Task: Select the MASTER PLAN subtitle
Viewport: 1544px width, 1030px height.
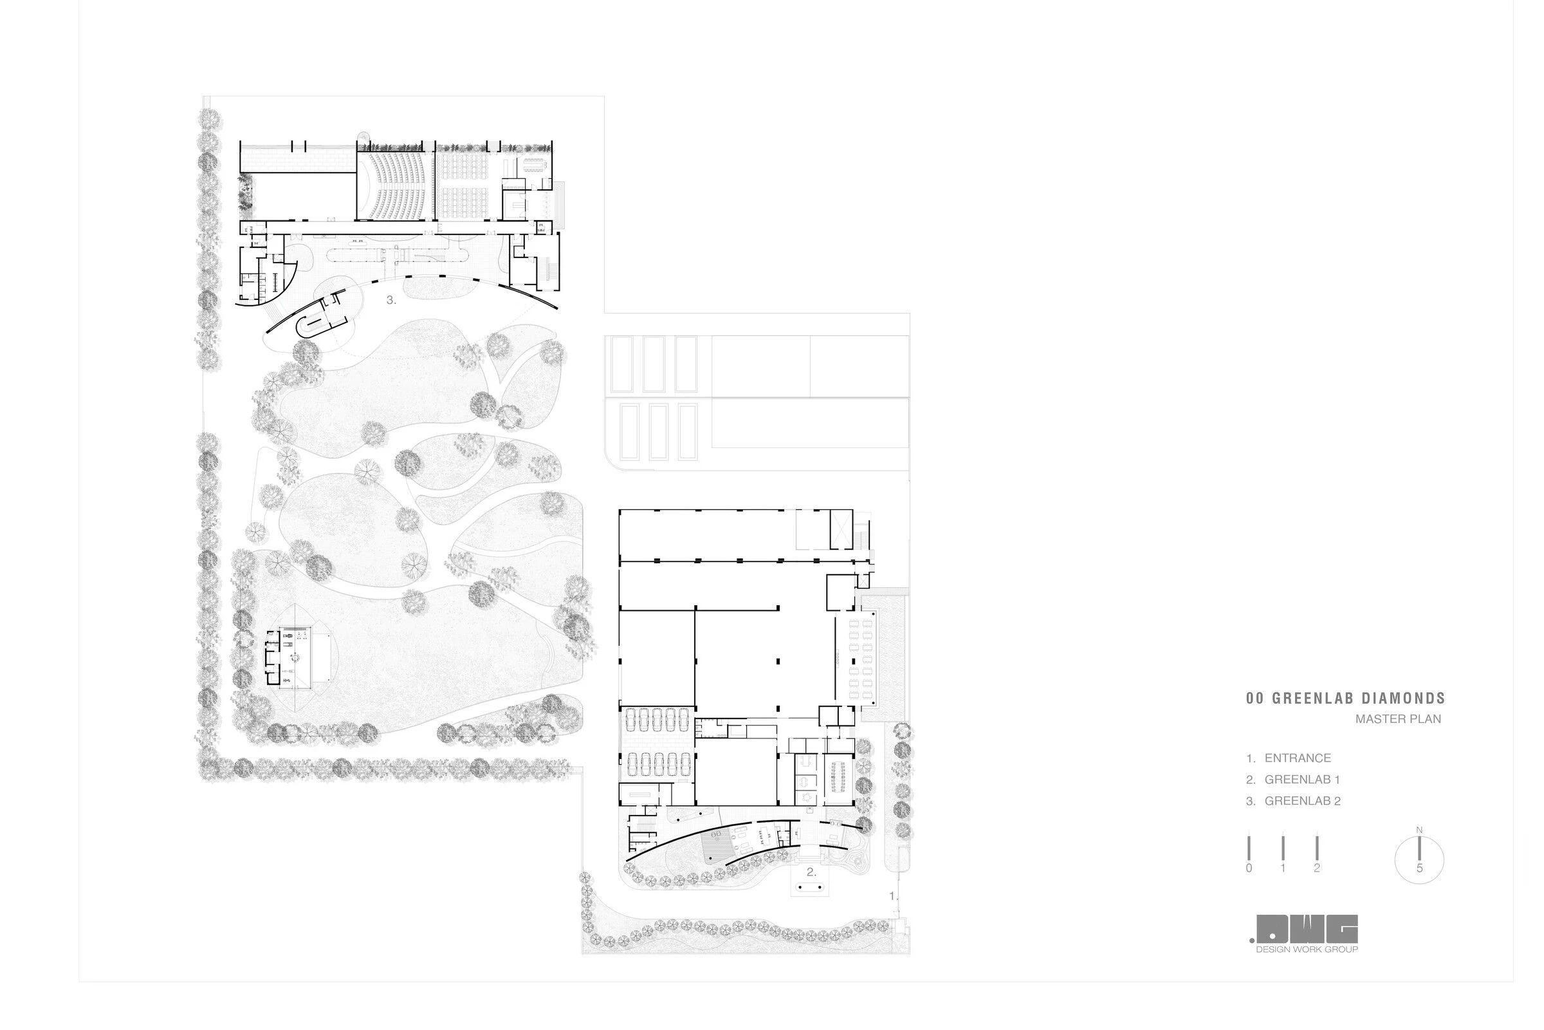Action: coord(1397,719)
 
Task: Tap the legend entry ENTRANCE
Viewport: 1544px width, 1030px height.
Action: coord(1297,758)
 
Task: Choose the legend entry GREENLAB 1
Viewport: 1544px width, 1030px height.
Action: coord(1301,780)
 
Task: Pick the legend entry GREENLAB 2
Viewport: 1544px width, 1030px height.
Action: coord(1302,801)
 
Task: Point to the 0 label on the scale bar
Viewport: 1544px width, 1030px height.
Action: coord(1249,868)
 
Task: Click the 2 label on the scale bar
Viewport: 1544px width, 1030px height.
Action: coord(1317,868)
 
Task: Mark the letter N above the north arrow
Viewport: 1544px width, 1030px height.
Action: coord(1419,830)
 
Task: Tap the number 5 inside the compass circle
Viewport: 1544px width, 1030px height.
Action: coord(1419,868)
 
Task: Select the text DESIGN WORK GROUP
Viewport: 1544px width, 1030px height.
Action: coord(1307,949)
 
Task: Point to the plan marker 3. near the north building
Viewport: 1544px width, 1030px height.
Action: coord(391,300)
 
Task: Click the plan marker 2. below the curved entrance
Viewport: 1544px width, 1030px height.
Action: coord(811,872)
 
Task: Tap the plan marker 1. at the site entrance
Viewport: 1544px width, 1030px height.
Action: coord(892,896)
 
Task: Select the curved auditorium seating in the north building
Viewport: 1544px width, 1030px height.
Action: coord(395,187)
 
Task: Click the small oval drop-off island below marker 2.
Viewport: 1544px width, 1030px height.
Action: coord(809,887)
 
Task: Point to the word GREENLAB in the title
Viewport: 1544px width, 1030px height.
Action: coord(1310,699)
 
